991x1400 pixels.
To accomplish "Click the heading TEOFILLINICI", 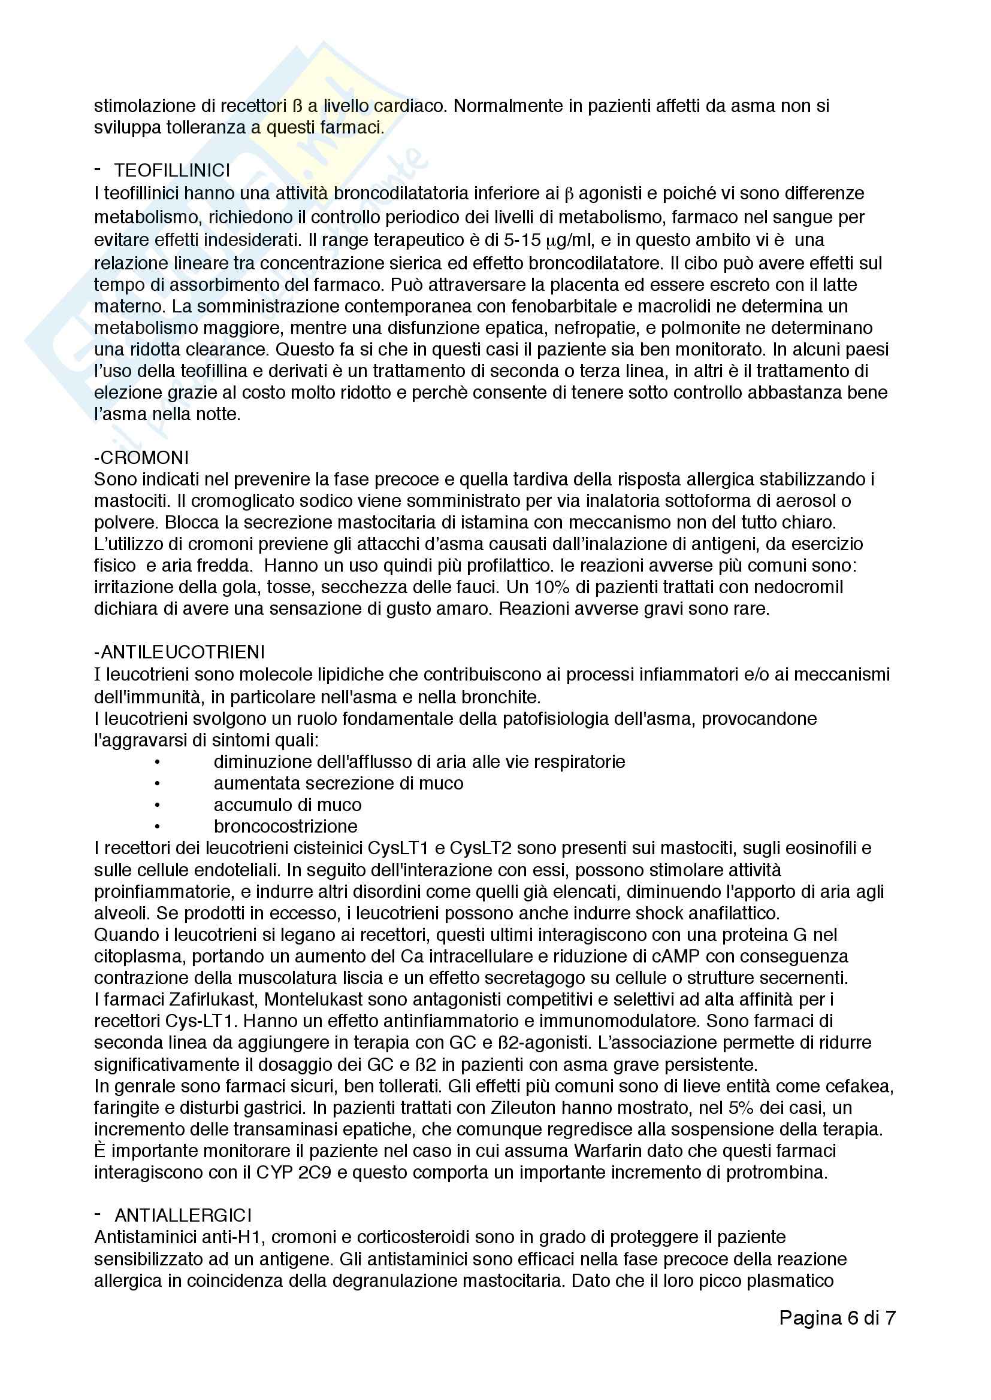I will click(x=172, y=171).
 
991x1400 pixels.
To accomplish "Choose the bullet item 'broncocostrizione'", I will click(x=286, y=826).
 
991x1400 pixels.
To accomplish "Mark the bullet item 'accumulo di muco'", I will click(x=288, y=805).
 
